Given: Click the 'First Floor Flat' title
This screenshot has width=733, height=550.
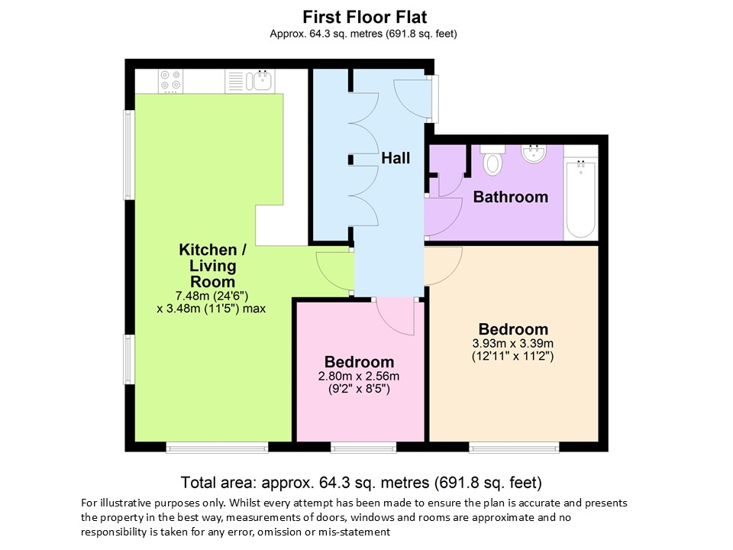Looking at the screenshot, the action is click(x=365, y=18).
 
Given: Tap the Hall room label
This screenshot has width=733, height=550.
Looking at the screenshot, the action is click(x=396, y=158).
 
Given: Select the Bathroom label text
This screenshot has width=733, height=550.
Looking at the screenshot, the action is click(x=511, y=197).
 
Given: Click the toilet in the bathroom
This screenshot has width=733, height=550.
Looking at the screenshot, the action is click(x=492, y=160).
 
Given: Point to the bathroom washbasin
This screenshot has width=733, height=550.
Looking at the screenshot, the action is click(x=534, y=154).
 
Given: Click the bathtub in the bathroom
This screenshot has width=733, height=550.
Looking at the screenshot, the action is click(x=581, y=199).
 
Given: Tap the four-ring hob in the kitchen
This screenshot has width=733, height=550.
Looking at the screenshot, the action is click(x=170, y=80).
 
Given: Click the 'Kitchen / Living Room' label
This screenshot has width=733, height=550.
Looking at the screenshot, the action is click(x=213, y=266).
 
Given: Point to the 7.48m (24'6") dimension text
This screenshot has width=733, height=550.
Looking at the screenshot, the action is click(x=212, y=296).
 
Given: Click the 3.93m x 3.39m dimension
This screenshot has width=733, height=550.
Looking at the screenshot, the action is click(x=513, y=344).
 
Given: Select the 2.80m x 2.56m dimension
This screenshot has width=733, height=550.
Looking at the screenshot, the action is click(x=359, y=376).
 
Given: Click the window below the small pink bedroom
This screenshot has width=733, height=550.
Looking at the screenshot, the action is click(x=363, y=448).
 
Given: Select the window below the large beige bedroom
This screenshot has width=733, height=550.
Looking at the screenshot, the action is click(x=514, y=448).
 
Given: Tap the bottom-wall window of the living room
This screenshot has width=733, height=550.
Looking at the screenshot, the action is click(x=217, y=448).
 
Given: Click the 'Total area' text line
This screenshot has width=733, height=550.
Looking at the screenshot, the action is click(x=361, y=482).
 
